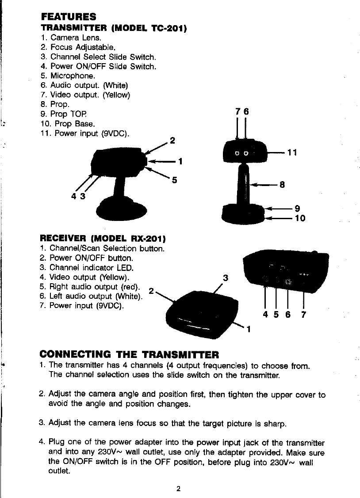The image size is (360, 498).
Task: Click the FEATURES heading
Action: point(68,17)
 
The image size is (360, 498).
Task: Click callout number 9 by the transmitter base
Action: point(298,208)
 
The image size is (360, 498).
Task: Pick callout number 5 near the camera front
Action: point(174,180)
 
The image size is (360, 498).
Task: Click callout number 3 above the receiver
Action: point(226,278)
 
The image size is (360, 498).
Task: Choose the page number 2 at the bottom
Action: point(178,489)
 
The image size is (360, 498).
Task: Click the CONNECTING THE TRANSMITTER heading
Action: point(129,354)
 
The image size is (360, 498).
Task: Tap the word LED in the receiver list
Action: point(126,267)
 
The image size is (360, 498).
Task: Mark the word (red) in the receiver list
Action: point(130,286)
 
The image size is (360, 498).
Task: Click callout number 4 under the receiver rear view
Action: point(265,315)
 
